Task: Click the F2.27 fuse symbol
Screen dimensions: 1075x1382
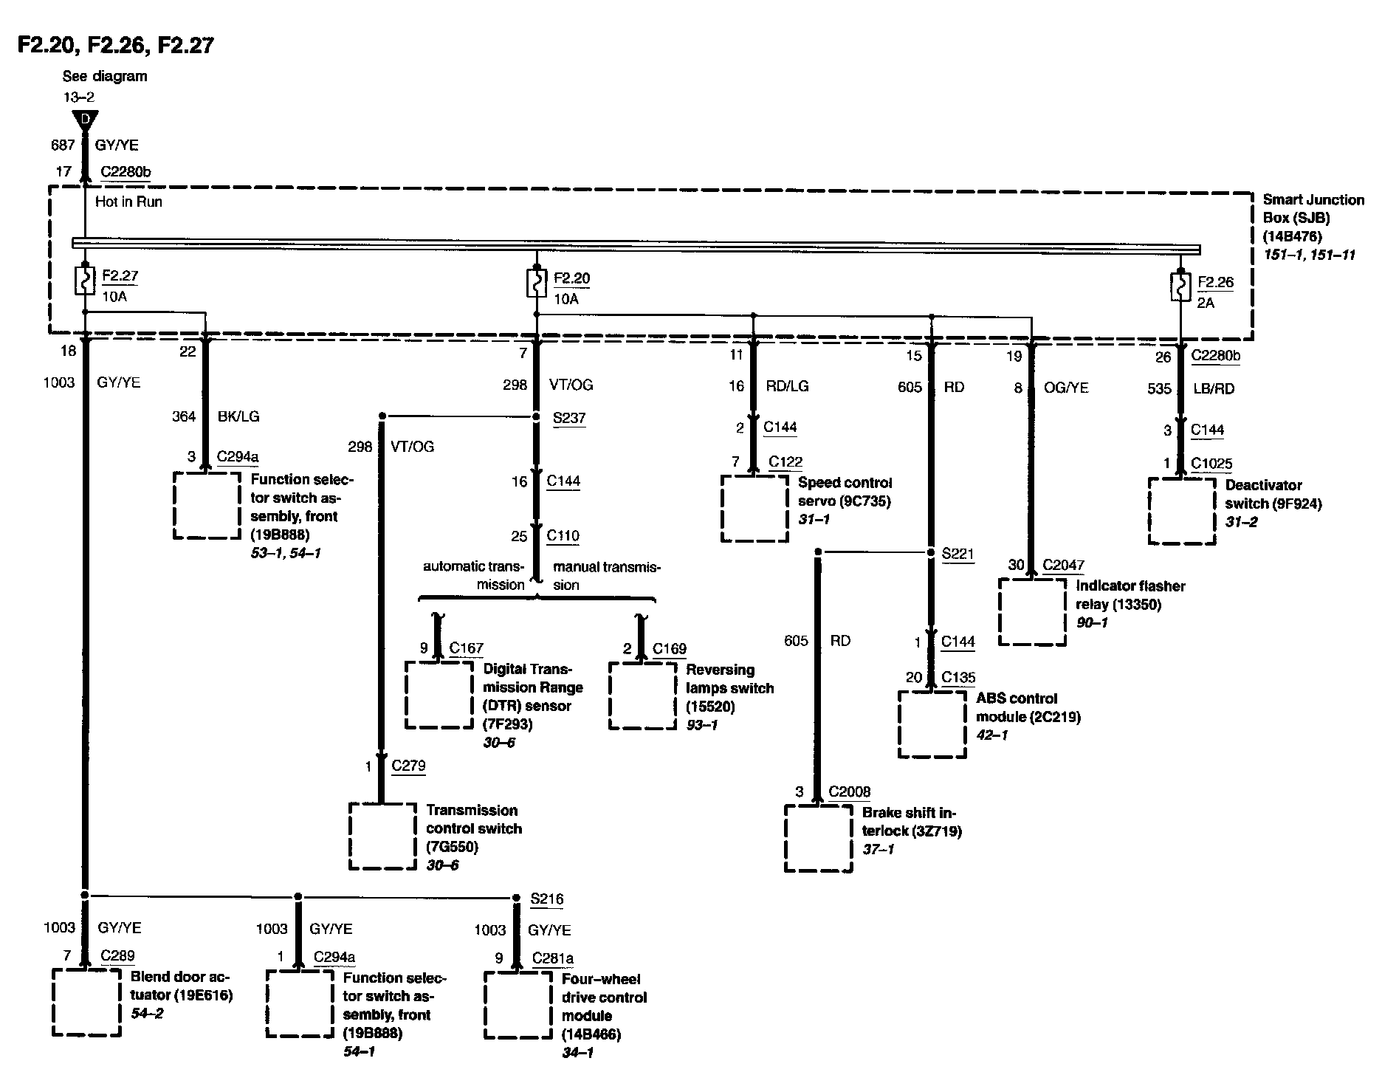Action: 85,281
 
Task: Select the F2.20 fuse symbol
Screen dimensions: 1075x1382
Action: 536,283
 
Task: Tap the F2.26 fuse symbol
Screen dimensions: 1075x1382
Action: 1180,286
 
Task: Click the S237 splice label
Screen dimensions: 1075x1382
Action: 569,418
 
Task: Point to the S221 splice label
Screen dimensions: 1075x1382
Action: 958,553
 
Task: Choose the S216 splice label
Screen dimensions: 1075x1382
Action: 547,899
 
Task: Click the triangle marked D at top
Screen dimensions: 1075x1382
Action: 86,120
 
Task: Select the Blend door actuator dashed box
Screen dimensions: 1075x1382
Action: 86,1003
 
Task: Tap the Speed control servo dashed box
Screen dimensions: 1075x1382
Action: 754,509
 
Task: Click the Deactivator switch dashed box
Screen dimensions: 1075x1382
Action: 1182,511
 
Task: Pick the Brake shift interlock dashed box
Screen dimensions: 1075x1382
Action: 818,838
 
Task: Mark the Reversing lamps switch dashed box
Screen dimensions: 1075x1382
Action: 642,696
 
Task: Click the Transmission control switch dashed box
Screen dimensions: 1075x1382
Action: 382,836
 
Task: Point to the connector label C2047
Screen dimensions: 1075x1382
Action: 1063,566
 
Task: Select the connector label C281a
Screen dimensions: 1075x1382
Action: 553,958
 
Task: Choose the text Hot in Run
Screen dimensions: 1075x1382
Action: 128,202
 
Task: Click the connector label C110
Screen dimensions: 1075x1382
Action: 563,536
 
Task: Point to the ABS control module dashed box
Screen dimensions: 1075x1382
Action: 932,724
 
